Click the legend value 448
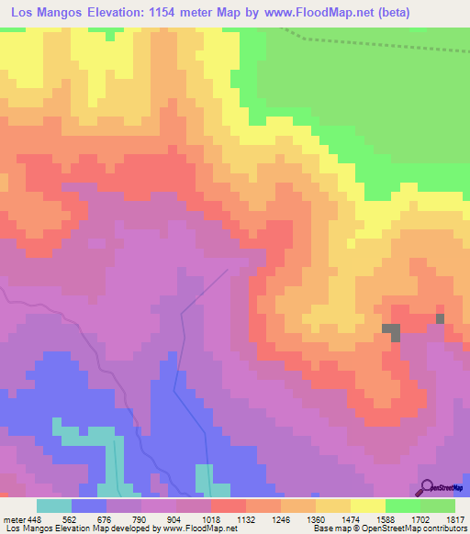point(36,518)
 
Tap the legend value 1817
point(456,518)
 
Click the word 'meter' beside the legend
point(14,518)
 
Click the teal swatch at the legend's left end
point(53,506)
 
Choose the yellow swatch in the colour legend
point(367,506)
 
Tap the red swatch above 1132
point(228,506)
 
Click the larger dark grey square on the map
point(392,332)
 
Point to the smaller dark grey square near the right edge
point(440,318)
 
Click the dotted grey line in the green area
point(367,40)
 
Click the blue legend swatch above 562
point(88,506)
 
